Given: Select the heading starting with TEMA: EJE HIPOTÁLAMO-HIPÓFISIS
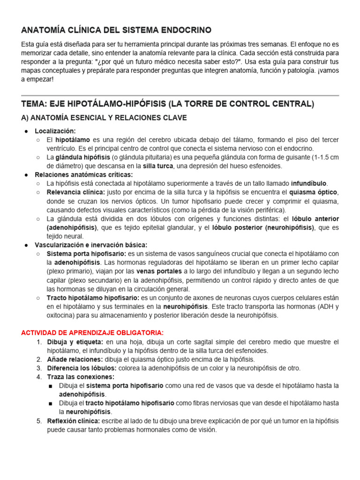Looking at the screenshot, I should tap(168, 104).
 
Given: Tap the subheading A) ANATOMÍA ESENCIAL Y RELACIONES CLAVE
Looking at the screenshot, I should tap(104, 118).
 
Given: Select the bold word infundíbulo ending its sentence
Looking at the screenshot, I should tap(309, 183).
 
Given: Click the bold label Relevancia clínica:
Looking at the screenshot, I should tap(76, 192).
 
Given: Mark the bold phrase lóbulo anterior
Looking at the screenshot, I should tap(315, 218).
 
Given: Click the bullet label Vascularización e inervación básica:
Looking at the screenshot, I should tap(91, 245).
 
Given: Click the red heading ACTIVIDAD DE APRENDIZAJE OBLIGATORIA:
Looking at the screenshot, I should tap(91, 332).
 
